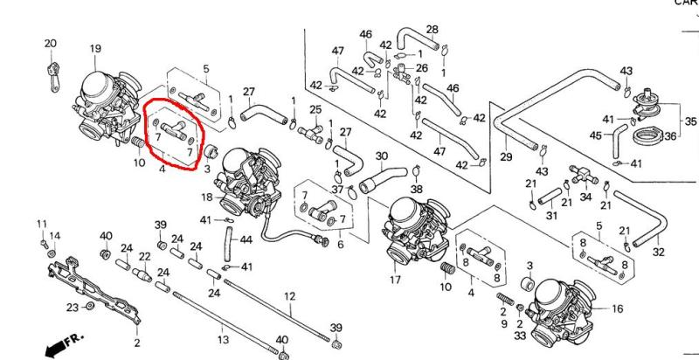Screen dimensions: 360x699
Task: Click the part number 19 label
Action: pos(95,49)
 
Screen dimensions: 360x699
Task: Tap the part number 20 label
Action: pos(50,43)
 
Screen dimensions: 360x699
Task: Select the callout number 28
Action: pos(432,31)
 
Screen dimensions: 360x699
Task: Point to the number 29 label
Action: pos(505,156)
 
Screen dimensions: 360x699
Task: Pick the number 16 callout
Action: pos(617,308)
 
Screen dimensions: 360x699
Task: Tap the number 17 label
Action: pos(395,280)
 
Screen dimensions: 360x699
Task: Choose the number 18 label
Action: pos(207,198)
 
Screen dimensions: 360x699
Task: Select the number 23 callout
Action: pos(73,307)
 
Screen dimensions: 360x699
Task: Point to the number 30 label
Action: pos(381,156)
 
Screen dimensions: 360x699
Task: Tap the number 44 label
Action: pos(246,239)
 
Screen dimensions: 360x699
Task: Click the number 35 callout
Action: pos(690,121)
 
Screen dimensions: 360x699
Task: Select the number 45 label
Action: pos(595,135)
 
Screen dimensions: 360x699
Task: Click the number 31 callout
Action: pos(551,216)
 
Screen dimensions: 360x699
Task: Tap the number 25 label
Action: pos(315,109)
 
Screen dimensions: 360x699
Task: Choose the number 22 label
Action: pos(144,256)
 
